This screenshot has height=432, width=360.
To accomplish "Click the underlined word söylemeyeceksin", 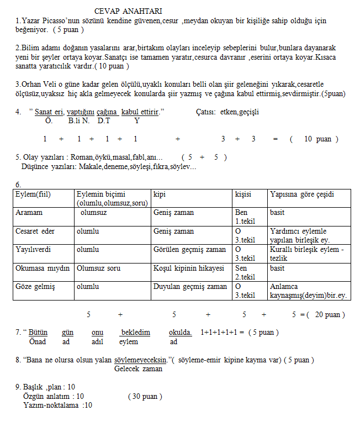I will click(140, 360).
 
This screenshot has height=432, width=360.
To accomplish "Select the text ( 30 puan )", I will click(145, 397).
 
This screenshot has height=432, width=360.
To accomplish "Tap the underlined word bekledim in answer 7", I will click(135, 333).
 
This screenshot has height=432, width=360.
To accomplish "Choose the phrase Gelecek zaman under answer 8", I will click(138, 369).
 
